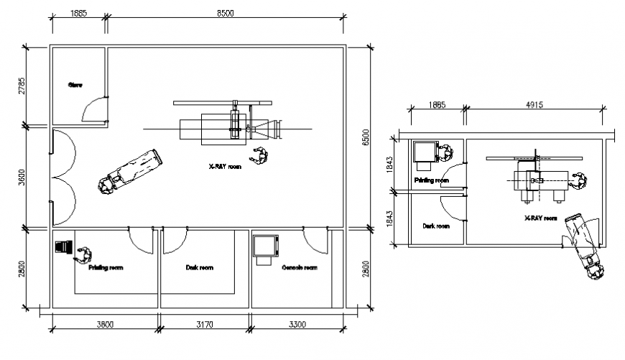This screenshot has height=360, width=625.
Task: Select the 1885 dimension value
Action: pyautogui.click(x=79, y=13)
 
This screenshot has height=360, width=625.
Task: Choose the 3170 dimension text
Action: pyautogui.click(x=204, y=325)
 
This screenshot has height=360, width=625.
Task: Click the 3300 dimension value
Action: pyautogui.click(x=297, y=325)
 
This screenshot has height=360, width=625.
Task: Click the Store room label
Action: pyautogui.click(x=75, y=85)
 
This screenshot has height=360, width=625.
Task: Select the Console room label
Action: pyautogui.click(x=299, y=268)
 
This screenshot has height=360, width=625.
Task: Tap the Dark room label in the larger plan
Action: pyautogui.click(x=199, y=268)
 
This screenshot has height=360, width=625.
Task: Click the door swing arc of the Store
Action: pyautogui.click(x=92, y=110)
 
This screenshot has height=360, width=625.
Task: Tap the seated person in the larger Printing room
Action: pyautogui.click(x=85, y=254)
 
